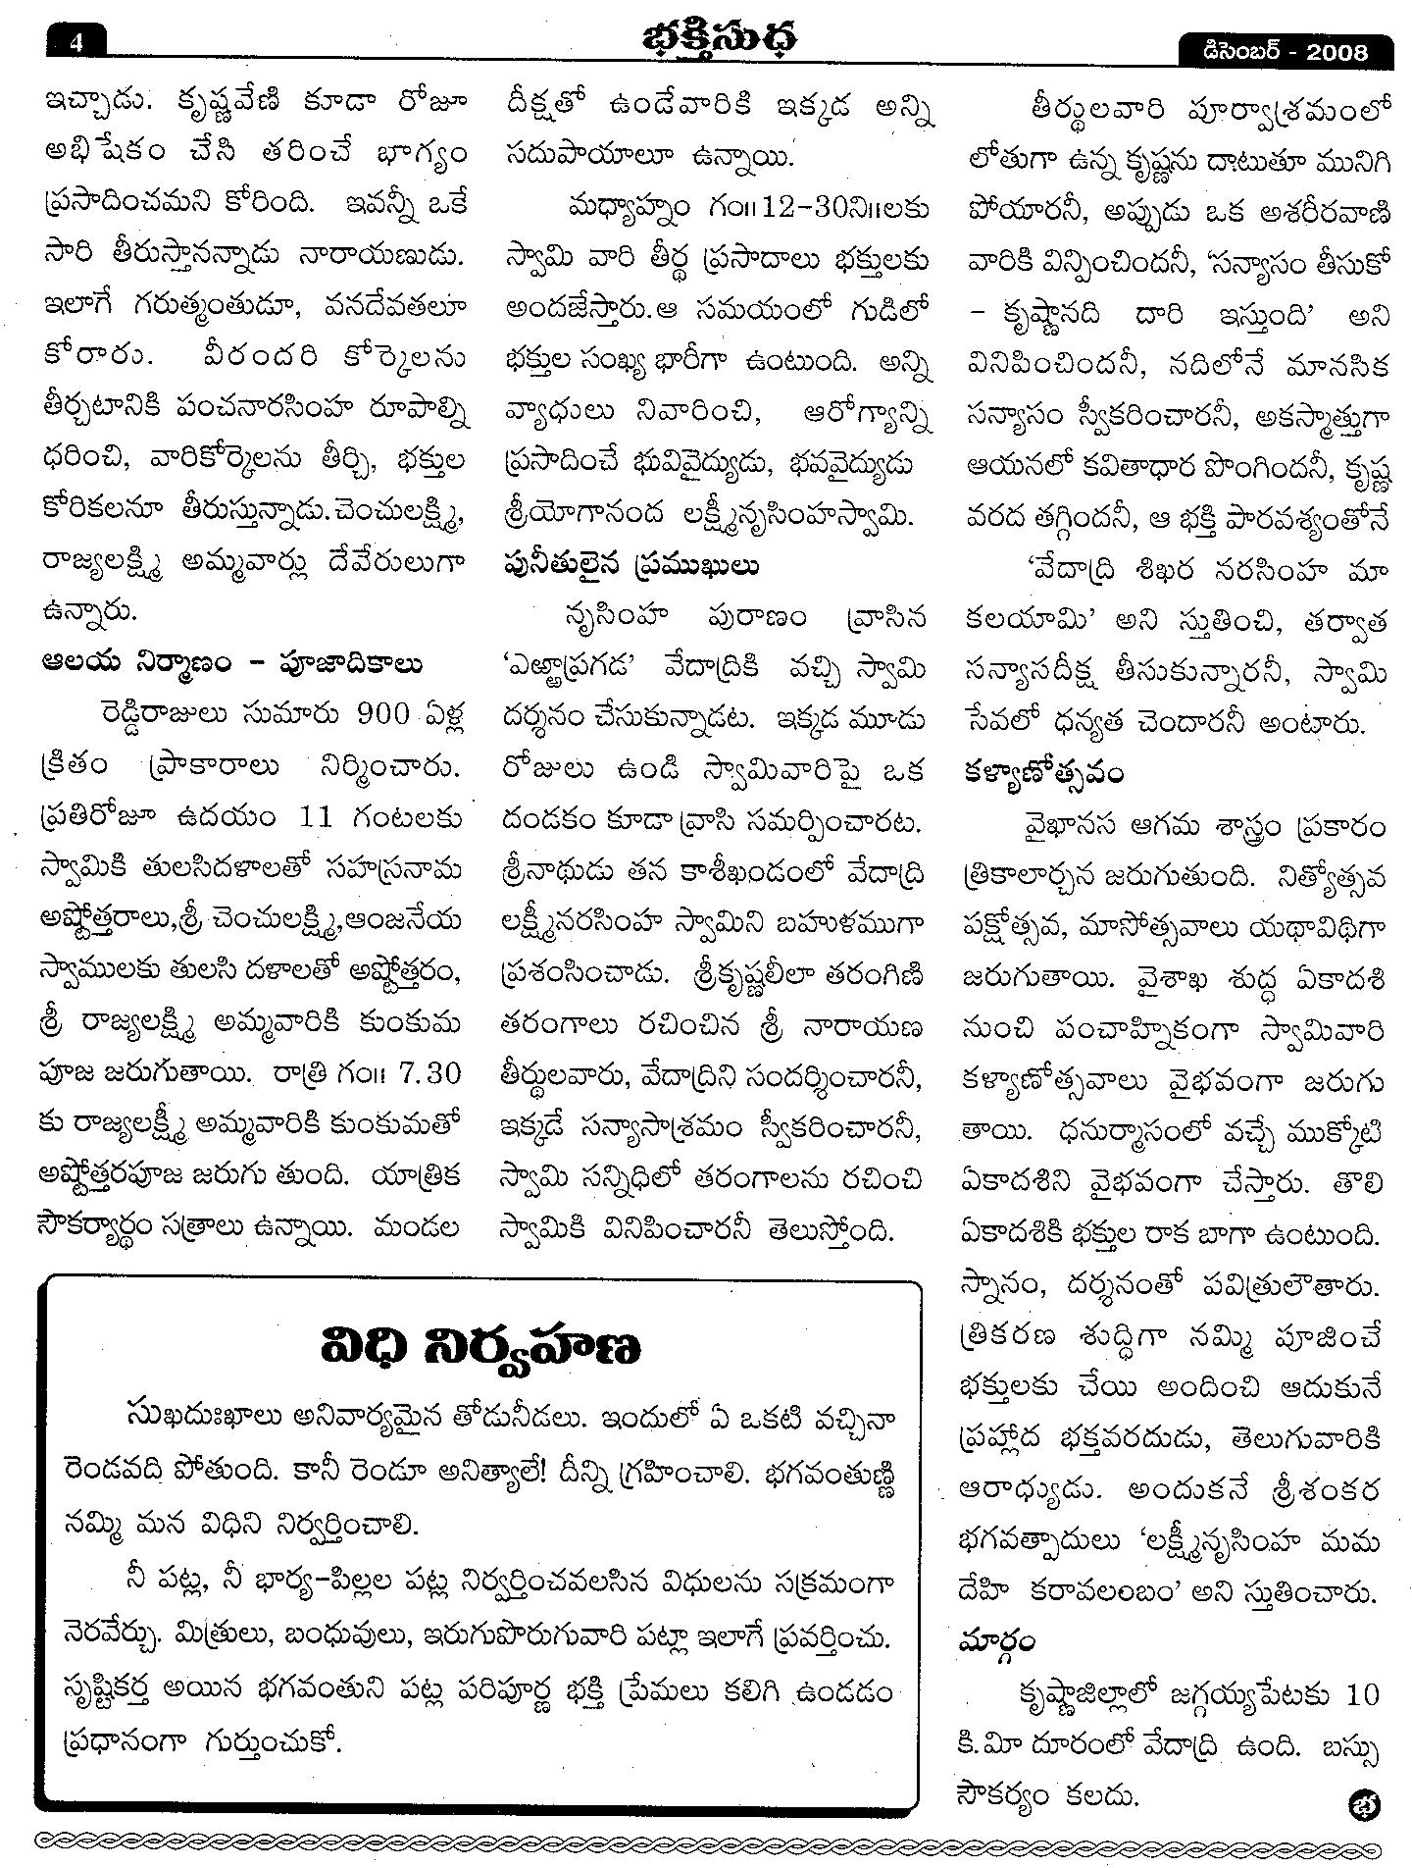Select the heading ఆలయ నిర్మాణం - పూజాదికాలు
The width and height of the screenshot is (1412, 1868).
[x=233, y=664]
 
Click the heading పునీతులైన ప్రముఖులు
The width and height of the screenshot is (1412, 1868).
[x=631, y=567]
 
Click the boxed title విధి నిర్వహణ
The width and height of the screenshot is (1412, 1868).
[x=480, y=1347]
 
